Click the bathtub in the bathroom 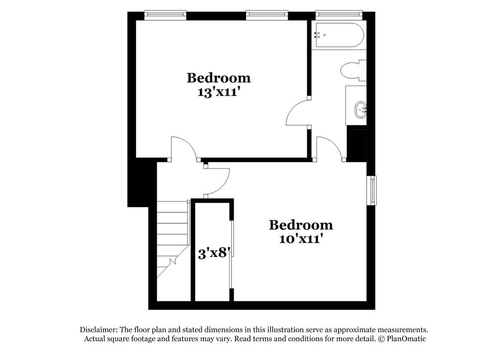point(339,35)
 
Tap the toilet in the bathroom point(352,70)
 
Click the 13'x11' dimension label point(218,92)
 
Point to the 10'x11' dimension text point(300,239)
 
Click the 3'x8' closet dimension point(212,254)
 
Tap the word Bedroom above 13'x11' point(218,78)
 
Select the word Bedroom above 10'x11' point(300,225)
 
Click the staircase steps point(173,238)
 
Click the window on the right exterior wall point(372,190)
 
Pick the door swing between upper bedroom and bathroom point(297,113)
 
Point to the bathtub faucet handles point(317,35)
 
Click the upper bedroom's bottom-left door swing point(183,149)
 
